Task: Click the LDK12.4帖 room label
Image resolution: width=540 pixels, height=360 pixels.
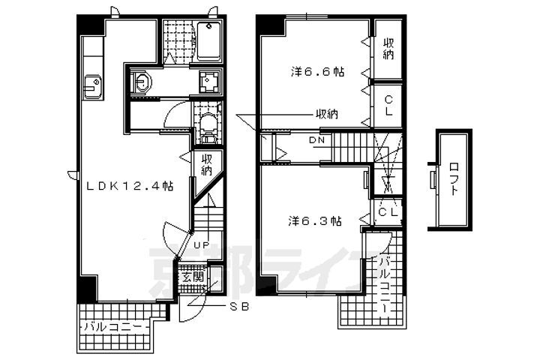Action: [130, 186]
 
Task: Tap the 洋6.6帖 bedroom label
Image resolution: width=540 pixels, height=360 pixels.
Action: [317, 72]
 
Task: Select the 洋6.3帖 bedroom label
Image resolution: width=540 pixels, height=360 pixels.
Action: [315, 220]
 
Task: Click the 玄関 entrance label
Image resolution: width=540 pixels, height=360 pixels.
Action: [193, 276]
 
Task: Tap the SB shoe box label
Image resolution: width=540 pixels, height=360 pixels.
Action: [239, 307]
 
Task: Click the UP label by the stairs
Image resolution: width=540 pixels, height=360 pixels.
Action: [202, 245]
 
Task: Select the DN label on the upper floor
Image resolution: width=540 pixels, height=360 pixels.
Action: [316, 140]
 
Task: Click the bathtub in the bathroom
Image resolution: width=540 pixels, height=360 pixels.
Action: [209, 42]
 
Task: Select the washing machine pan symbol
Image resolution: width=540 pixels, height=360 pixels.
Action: [209, 82]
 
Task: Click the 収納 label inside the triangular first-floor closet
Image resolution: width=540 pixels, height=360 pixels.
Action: [207, 165]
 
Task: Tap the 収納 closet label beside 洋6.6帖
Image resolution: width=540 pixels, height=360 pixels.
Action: [388, 49]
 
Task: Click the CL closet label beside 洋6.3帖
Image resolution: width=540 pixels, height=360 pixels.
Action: [388, 211]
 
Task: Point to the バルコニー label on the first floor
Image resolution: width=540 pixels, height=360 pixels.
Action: [113, 326]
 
